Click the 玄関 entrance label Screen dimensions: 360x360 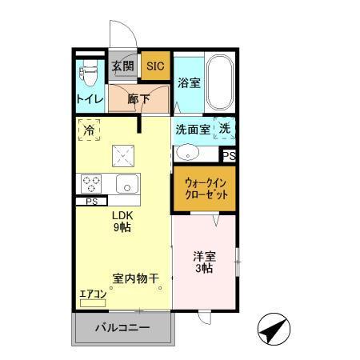click(x=123, y=66)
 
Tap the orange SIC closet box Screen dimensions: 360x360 click(x=154, y=66)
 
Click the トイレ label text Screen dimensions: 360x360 click(x=88, y=100)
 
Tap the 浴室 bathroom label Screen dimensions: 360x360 click(x=189, y=82)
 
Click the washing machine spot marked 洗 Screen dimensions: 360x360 click(x=226, y=129)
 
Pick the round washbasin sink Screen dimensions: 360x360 click(x=186, y=151)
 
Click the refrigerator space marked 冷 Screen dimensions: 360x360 click(x=89, y=130)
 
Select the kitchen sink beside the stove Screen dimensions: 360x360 click(x=127, y=183)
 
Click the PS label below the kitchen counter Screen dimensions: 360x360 click(x=90, y=202)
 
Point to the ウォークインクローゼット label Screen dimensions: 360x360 click(x=205, y=189)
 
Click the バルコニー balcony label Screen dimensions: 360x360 click(x=122, y=328)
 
